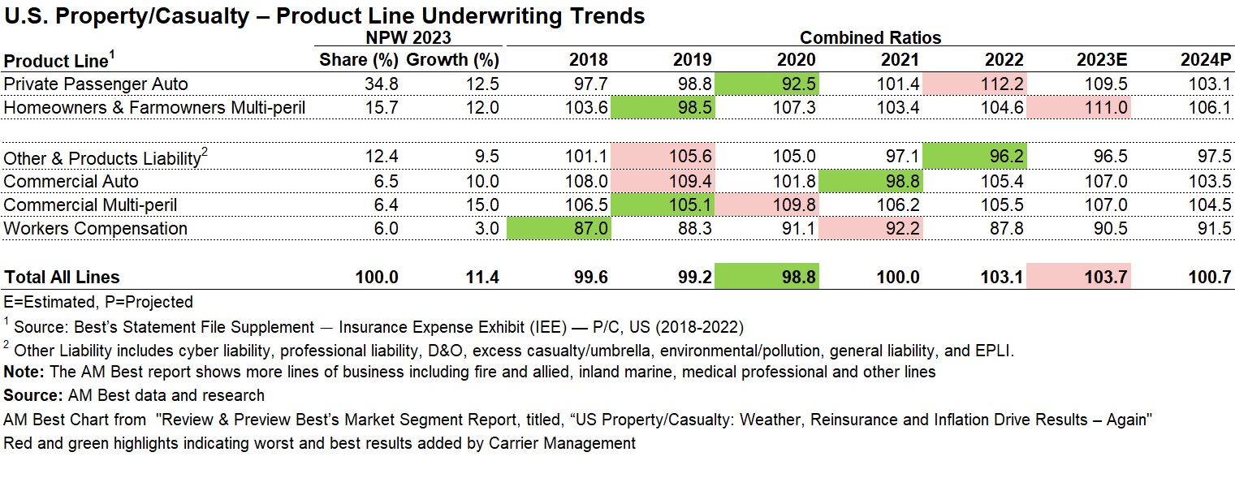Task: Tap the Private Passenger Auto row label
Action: (x=96, y=84)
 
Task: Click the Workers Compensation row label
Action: (x=96, y=228)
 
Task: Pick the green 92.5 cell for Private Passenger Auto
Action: (x=767, y=84)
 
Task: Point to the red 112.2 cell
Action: (x=974, y=84)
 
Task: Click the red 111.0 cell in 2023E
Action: (x=1078, y=107)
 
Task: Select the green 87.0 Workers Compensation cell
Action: (x=559, y=228)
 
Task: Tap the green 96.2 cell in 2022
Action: (x=974, y=157)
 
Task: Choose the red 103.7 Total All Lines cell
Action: (x=1078, y=277)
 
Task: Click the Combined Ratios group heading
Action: (x=870, y=37)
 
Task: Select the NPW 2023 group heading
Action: (x=408, y=37)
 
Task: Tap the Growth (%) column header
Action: (x=452, y=60)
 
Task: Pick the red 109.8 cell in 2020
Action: (x=767, y=205)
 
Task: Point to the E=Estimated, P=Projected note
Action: (x=98, y=302)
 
